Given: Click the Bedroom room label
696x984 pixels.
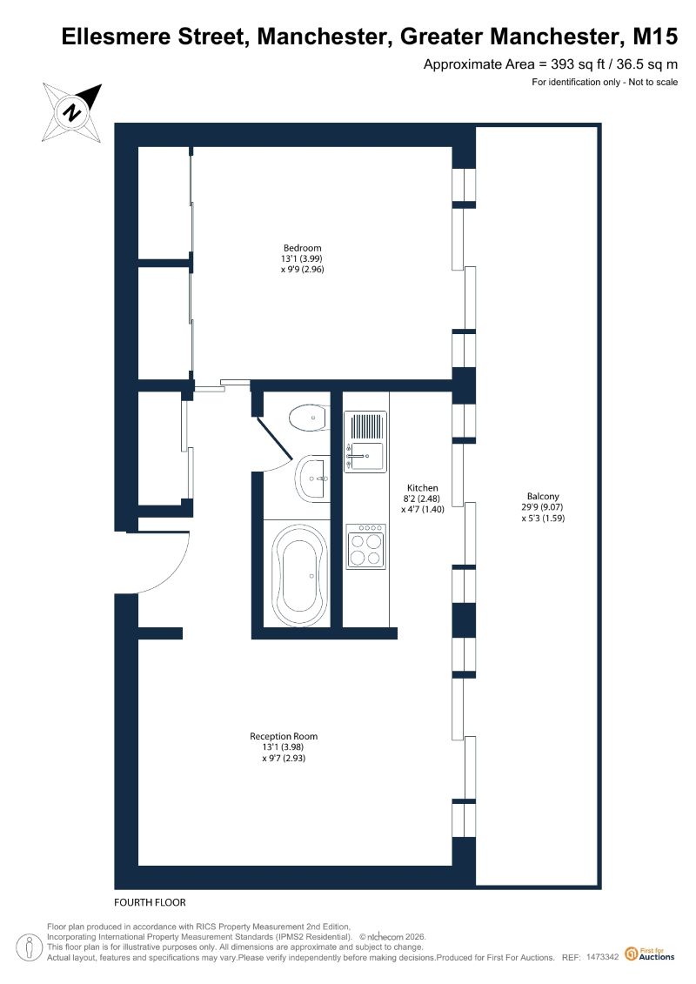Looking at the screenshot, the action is pyautogui.click(x=303, y=248).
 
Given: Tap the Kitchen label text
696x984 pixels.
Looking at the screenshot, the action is pyautogui.click(x=422, y=487).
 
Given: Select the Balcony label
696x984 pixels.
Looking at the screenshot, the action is pyautogui.click(x=543, y=497).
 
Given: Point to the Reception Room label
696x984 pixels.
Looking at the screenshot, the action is pyautogui.click(x=284, y=736).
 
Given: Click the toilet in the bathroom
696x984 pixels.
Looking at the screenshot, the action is pyautogui.click(x=309, y=418).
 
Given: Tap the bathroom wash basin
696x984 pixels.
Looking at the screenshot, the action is pyautogui.click(x=313, y=479).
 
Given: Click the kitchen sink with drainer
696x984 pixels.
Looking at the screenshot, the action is pyautogui.click(x=365, y=442).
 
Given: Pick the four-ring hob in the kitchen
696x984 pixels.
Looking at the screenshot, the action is pyautogui.click(x=366, y=546).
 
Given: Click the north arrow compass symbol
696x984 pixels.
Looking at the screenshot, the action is pyautogui.click(x=72, y=112).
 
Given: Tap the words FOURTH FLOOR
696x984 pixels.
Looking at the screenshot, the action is pyautogui.click(x=150, y=902).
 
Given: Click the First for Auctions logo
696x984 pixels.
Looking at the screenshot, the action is pyautogui.click(x=650, y=954).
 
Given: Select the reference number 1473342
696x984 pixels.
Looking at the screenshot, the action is pyautogui.click(x=603, y=957).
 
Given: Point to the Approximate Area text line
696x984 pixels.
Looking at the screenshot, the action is pyautogui.click(x=551, y=64).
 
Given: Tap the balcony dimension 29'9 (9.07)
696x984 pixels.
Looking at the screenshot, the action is pyautogui.click(x=543, y=507).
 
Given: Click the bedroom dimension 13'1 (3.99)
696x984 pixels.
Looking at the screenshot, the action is pyautogui.click(x=302, y=258).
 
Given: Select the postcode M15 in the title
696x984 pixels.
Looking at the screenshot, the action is pyautogui.click(x=655, y=37).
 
